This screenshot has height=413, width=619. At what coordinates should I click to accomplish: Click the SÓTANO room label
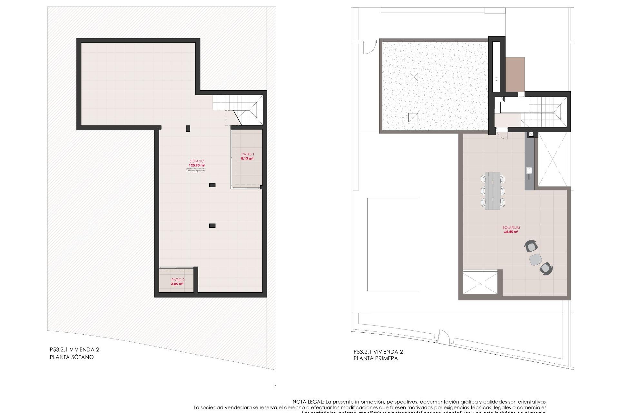197,161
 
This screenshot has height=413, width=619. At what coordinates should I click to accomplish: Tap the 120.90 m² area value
197,165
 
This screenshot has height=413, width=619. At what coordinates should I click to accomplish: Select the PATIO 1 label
248,154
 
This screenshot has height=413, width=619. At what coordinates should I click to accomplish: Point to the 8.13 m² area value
247,158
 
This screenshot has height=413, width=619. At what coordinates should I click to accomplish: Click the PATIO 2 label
178,280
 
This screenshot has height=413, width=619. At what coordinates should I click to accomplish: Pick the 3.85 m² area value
177,284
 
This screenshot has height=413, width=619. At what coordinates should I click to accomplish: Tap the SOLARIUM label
511,227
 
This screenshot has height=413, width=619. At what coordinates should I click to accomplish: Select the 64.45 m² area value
511,232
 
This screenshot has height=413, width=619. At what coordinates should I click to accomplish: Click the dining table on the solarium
493,191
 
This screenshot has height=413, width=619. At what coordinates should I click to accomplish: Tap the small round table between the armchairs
535,259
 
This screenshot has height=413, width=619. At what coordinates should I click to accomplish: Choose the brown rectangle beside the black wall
515,75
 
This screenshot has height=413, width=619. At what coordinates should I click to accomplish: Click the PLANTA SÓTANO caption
72,357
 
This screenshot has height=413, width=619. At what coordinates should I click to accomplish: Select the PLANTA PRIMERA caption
376,358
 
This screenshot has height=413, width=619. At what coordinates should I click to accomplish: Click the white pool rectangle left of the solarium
393,245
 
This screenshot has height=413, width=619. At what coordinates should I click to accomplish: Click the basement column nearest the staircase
188,128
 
